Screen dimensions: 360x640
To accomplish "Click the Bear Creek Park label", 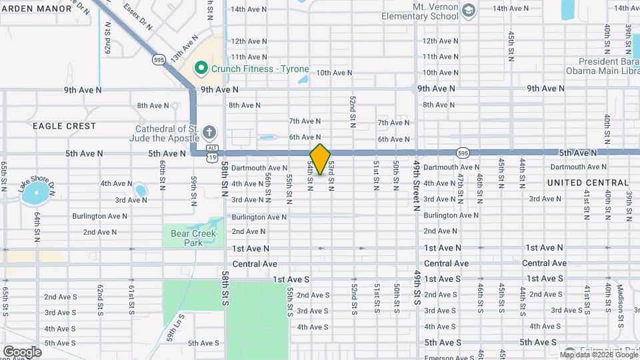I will pyautogui.click(x=185, y=238).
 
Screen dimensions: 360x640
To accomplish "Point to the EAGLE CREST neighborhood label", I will pyautogui.click(x=64, y=126).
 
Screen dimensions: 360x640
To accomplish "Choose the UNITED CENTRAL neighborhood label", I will pyautogui.click(x=587, y=183).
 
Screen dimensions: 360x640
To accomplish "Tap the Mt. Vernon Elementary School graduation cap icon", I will pyautogui.click(x=469, y=10).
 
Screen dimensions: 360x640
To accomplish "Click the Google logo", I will pyautogui.click(x=22, y=352).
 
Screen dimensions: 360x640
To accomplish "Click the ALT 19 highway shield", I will pyautogui.click(x=212, y=153).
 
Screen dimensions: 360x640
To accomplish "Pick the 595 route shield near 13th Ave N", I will pyautogui.click(x=158, y=59).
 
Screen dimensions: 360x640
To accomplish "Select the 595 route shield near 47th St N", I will pyautogui.click(x=463, y=153).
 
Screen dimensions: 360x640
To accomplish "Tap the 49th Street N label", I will pyautogui.click(x=417, y=185).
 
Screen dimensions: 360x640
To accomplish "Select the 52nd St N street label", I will pyautogui.click(x=353, y=111).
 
